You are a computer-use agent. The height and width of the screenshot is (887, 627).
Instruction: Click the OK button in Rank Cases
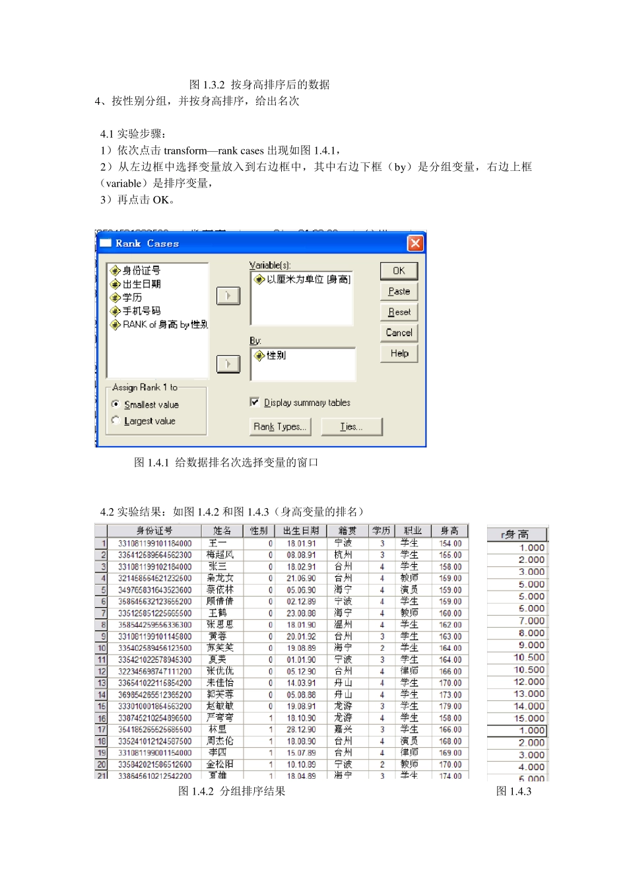coord(399,271)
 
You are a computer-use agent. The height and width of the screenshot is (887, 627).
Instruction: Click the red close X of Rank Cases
coord(415,244)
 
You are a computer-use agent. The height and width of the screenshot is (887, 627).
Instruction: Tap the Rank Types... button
coord(280,427)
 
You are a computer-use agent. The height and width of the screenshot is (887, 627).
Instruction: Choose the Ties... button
coord(351,427)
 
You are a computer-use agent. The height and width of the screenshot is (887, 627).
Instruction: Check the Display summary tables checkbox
coord(255,402)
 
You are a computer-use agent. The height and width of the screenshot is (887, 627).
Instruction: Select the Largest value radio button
coord(116,420)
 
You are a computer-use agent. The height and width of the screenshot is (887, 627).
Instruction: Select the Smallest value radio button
coord(116,404)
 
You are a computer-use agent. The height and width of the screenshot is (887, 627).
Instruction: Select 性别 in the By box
coord(276,356)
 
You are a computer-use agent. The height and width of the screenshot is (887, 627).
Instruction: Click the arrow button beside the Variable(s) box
coord(228,296)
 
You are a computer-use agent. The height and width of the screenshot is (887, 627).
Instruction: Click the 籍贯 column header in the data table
coord(347,531)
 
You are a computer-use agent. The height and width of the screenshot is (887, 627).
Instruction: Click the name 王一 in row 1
coord(218,543)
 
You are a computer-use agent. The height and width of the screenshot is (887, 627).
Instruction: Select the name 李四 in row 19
coord(218,752)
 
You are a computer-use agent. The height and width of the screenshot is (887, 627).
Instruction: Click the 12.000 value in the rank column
coord(529,682)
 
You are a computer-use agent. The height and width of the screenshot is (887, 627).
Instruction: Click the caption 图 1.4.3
coord(513,791)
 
